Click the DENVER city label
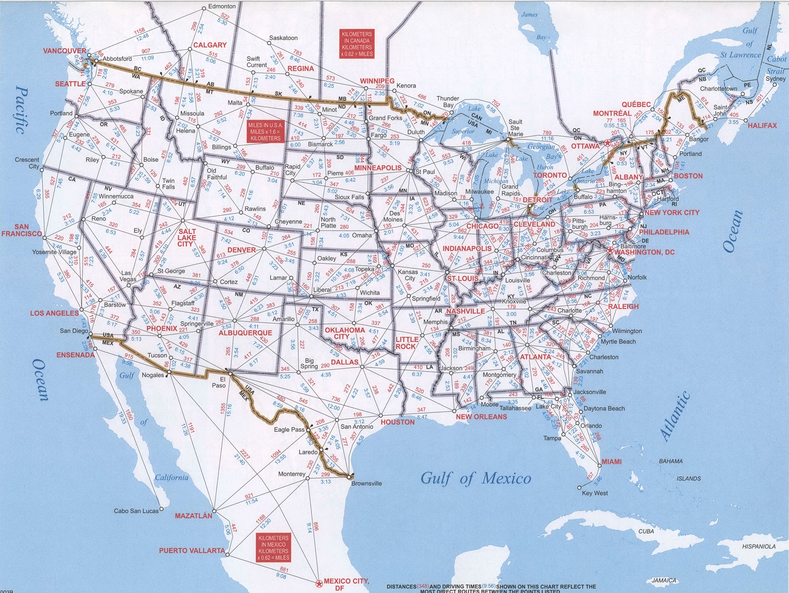point(242,250)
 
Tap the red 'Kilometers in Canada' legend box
point(357,44)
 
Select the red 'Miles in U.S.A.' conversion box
point(265,132)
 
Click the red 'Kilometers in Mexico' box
point(273,548)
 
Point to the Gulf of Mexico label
point(476,478)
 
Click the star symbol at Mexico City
point(319,584)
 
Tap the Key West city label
point(595,493)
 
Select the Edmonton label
point(222,7)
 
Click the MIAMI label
point(611,461)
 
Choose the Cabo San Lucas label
point(136,511)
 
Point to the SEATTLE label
point(70,84)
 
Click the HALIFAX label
point(762,126)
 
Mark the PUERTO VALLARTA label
point(192,551)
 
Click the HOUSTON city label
point(398,422)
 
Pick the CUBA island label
point(646,531)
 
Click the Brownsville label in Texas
point(366,483)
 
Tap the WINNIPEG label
point(377,81)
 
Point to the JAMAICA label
point(664,580)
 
